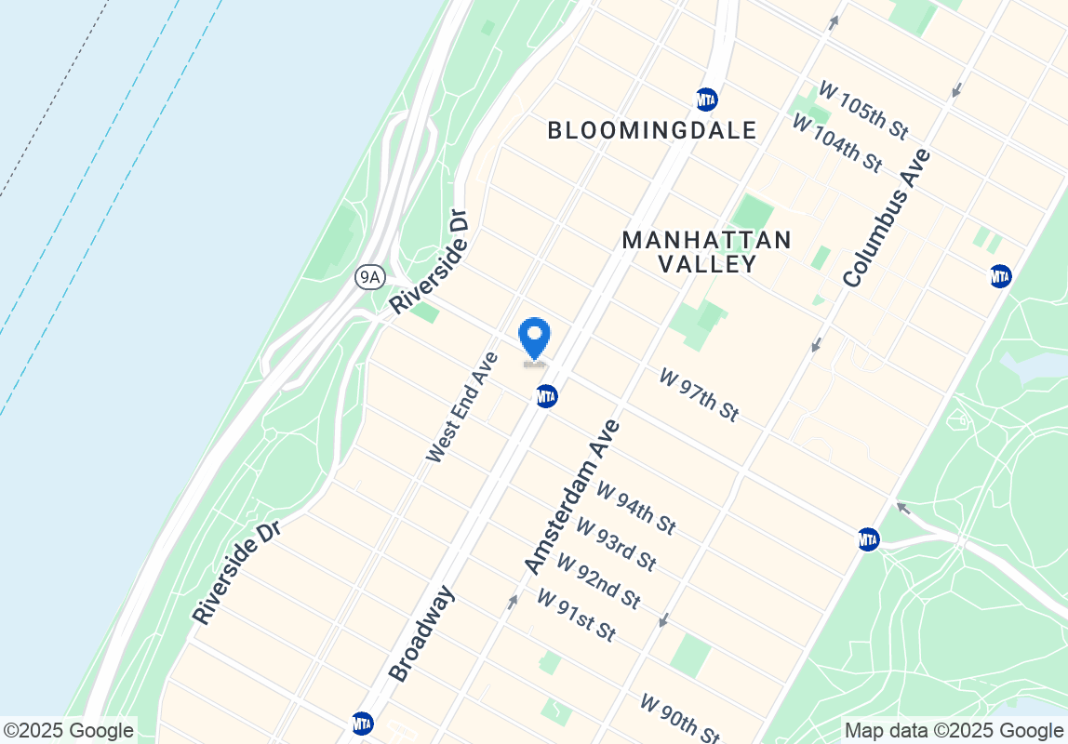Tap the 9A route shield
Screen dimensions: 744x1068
tap(370, 276)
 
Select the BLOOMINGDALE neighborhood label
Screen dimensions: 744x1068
tap(652, 130)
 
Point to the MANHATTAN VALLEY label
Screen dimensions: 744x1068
tap(707, 252)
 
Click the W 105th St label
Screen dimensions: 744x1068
tap(862, 110)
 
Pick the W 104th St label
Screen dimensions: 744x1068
tap(836, 142)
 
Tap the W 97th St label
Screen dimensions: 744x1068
tap(699, 395)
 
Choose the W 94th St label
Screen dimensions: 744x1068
tap(635, 508)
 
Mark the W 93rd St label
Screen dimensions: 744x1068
tap(616, 544)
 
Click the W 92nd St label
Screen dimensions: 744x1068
tap(598, 581)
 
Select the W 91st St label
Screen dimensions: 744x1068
tap(576, 615)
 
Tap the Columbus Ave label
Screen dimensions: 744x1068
tap(887, 217)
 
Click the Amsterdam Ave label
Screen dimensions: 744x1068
tap(571, 497)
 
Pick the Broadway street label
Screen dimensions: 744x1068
tap(421, 633)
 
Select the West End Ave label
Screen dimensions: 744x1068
tap(462, 406)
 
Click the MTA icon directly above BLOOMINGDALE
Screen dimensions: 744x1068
tap(707, 99)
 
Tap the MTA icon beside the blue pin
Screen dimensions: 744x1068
tap(546, 397)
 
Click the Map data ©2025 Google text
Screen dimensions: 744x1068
tap(954, 730)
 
